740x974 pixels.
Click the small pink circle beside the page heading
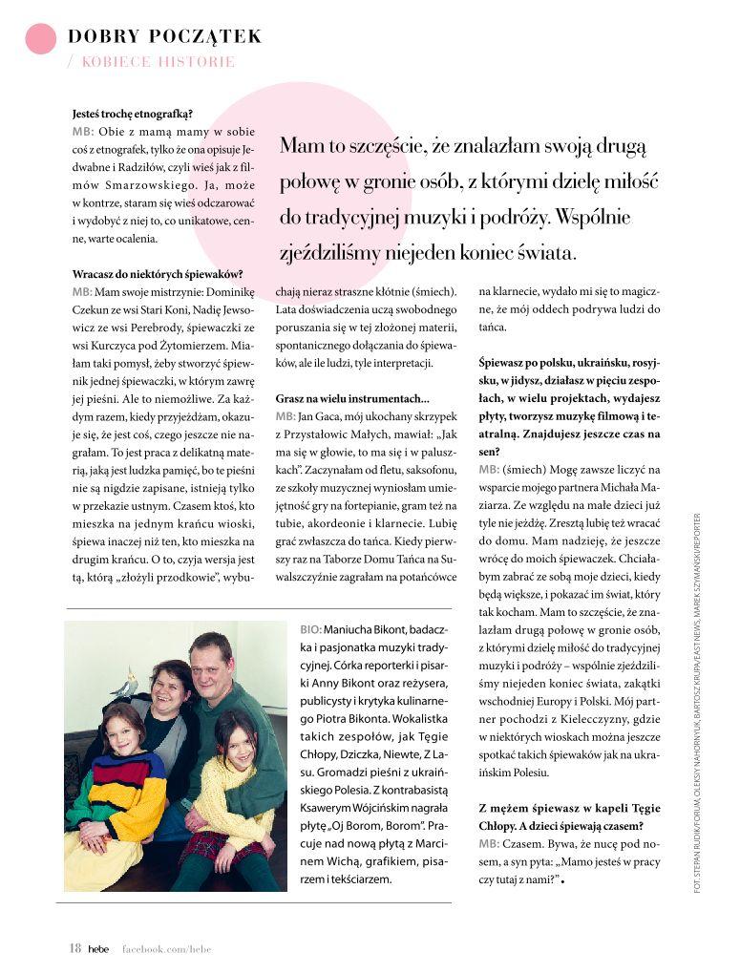pyautogui.click(x=41, y=37)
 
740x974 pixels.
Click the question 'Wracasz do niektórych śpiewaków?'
pyautogui.click(x=157, y=274)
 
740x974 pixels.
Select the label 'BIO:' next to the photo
pyautogui.click(x=310, y=631)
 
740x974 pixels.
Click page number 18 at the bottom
pyautogui.click(x=74, y=948)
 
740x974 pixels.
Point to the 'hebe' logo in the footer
pyautogui.click(x=98, y=948)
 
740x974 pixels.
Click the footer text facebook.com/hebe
pyautogui.click(x=165, y=949)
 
